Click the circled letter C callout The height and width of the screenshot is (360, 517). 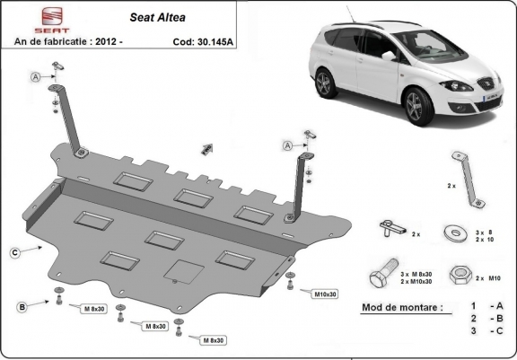15,253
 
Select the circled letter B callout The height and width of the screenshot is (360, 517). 22,308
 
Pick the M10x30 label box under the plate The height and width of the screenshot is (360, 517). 325,294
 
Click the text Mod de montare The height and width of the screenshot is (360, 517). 401,307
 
